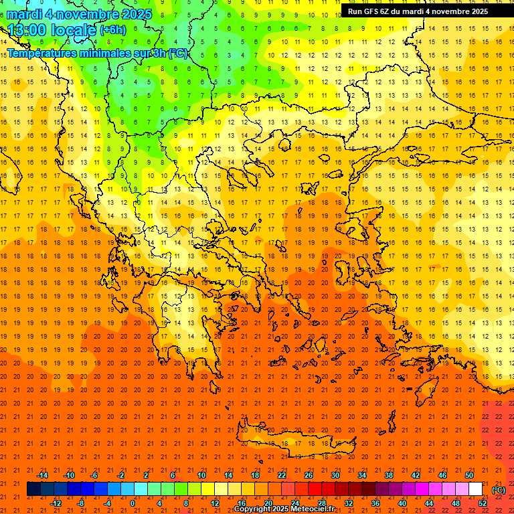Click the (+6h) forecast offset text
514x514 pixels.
point(112,31)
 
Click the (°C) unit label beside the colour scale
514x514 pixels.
point(499,490)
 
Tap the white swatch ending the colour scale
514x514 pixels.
point(476,489)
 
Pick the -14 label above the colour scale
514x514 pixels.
point(42,475)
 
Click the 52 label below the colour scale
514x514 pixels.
point(483,503)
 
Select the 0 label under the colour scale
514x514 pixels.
point(133,503)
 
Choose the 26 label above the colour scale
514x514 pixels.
point(309,475)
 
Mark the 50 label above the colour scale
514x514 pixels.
point(469,475)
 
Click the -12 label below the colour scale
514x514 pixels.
point(56,503)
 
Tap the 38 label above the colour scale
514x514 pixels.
point(389,475)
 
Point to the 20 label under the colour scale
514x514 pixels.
point(268,503)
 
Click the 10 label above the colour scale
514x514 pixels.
point(201,475)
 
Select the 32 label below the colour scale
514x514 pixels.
point(349,503)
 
